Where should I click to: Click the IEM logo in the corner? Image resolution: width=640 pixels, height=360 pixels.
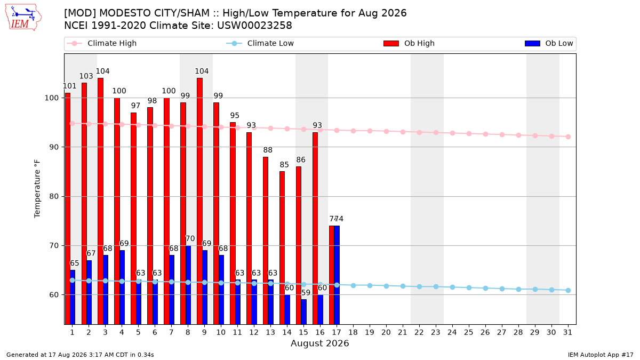pos(23,18)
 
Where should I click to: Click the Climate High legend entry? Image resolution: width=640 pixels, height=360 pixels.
pos(101,43)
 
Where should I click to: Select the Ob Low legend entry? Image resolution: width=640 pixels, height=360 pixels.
pos(549,43)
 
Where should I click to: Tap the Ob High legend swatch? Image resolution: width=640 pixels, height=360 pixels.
pos(391,43)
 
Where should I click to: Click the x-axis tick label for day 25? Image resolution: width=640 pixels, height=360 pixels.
pos(469,333)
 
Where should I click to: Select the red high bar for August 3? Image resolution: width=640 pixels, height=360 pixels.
pos(101,201)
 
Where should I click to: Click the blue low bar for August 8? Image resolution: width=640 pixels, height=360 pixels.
pos(188,285)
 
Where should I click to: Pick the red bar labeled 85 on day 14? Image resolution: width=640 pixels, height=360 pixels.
pos(282,247)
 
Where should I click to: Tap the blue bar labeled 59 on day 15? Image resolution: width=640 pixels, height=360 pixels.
pos(303,311)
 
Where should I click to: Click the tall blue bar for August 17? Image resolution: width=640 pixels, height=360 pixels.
pos(337,275)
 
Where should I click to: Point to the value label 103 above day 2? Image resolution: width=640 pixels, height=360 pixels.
pos(86,76)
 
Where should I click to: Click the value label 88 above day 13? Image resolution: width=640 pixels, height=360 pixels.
pos(268,150)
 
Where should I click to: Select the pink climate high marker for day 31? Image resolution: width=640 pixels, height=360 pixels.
pos(569,137)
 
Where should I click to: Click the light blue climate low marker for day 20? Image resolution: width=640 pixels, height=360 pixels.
pos(386,286)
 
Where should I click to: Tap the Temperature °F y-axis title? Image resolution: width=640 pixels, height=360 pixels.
pos(37,189)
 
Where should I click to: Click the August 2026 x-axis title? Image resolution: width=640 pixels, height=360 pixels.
pos(319,343)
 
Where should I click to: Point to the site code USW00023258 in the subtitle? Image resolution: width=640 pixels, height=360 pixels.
pos(254,26)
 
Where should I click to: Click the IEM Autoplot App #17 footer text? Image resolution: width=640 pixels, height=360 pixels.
pos(601,355)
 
